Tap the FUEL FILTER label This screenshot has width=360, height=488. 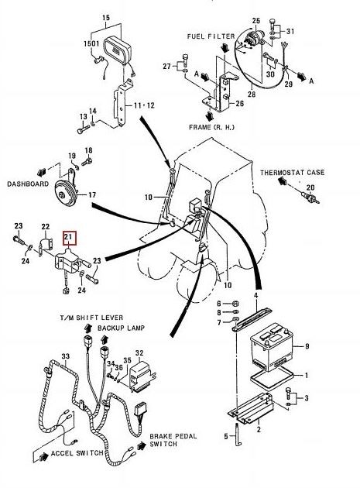tap(211, 36)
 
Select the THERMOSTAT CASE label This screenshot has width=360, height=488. tap(292, 173)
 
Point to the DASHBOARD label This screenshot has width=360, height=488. tap(28, 184)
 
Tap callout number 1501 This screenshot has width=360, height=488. tap(91, 43)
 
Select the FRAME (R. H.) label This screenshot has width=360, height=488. tap(211, 127)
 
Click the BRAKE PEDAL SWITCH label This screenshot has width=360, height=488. tap(173, 440)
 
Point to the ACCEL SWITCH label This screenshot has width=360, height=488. tap(77, 453)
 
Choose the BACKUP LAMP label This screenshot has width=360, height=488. tap(121, 328)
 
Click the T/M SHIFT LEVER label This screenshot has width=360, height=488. tap(91, 318)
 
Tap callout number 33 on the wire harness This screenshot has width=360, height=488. tap(65, 356)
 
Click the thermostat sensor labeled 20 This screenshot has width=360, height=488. tap(310, 198)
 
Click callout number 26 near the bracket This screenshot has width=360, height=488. tap(239, 103)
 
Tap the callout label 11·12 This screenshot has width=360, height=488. tap(144, 105)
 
